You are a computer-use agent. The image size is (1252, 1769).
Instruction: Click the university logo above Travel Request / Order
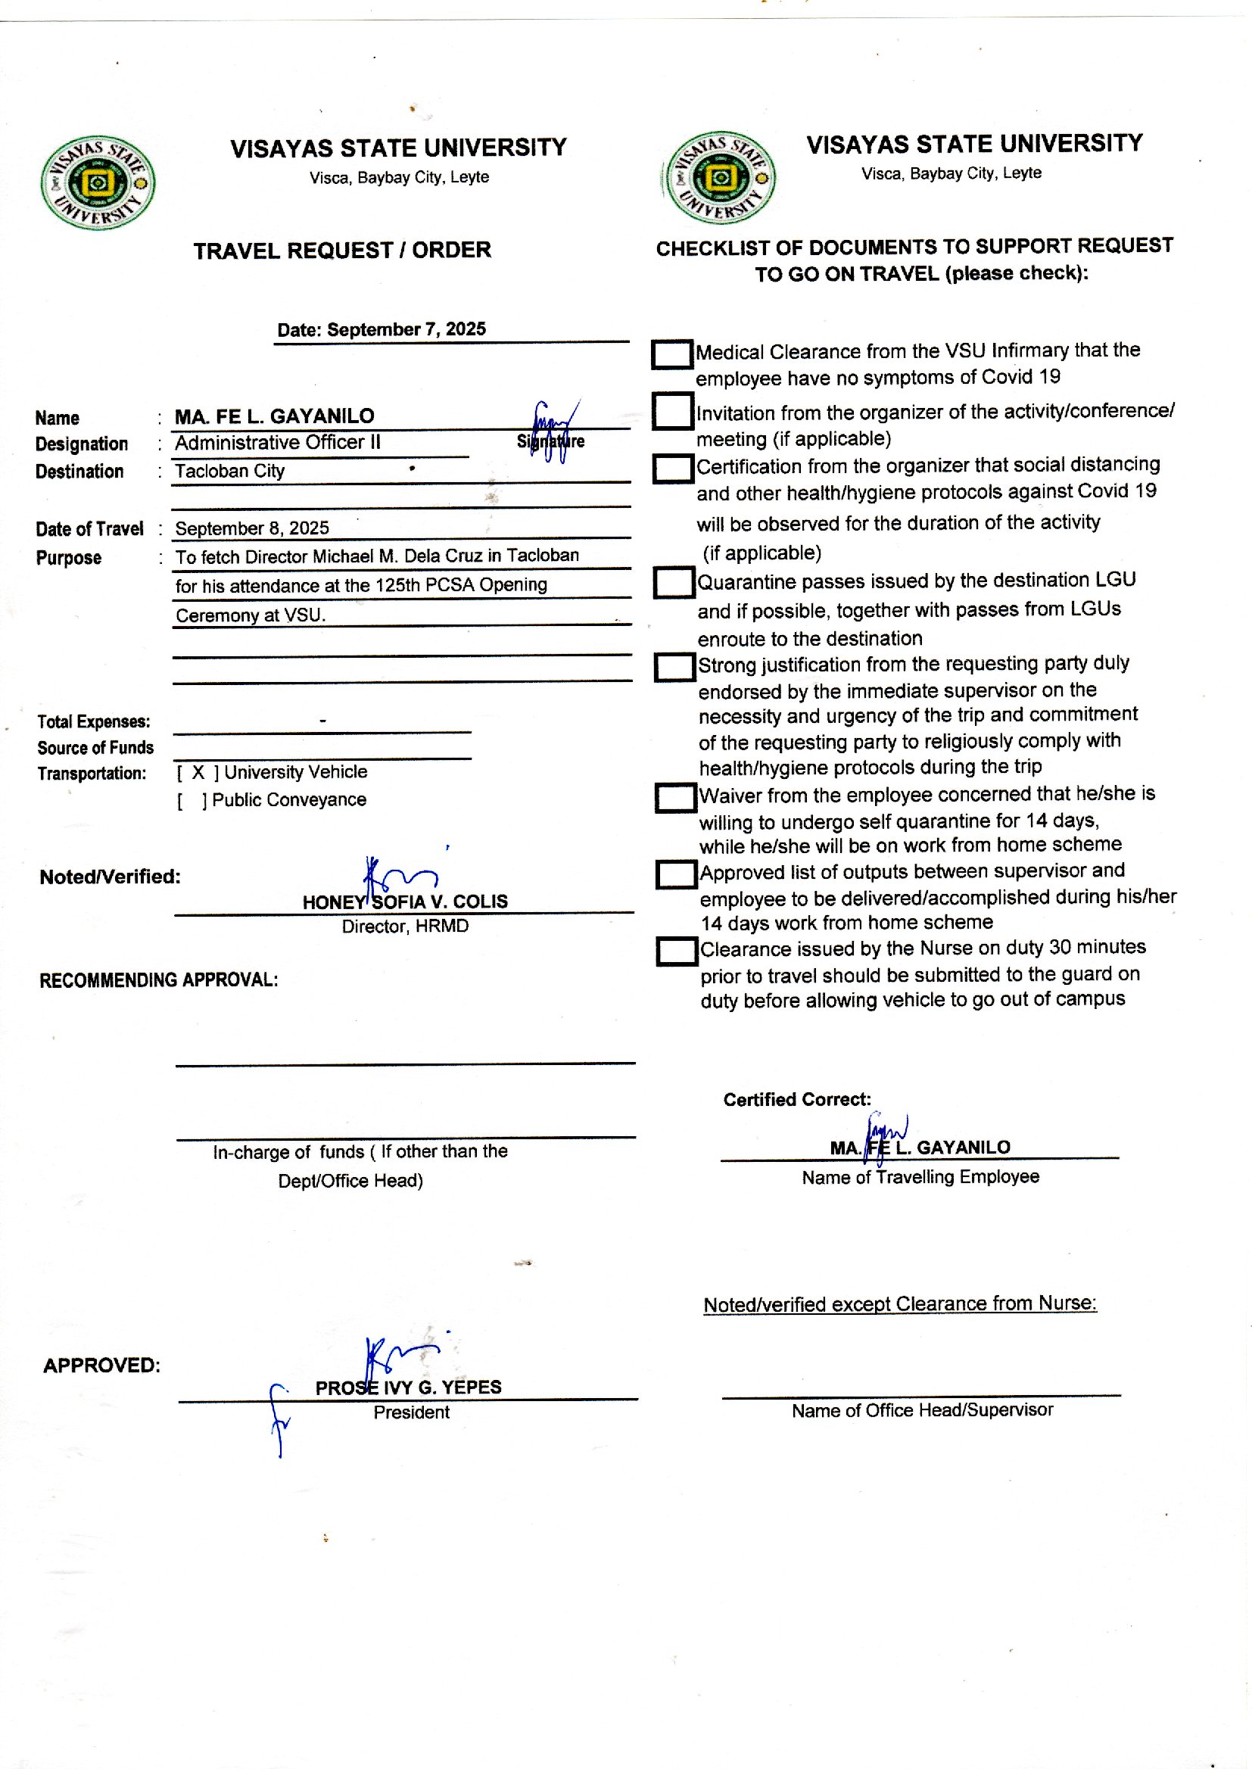point(98,182)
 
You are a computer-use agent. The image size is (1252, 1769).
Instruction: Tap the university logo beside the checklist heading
point(720,178)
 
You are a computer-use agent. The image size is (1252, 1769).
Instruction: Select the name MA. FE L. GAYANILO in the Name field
point(275,416)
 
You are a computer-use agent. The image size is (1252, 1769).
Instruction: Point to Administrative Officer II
point(278,443)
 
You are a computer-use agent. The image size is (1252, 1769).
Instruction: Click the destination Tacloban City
point(230,471)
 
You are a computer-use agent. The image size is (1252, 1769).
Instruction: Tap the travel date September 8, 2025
point(252,528)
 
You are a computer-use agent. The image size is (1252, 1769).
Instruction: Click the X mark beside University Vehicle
point(198,772)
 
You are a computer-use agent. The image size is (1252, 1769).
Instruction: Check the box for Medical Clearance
point(671,354)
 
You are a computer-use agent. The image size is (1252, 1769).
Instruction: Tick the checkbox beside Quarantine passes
point(674,583)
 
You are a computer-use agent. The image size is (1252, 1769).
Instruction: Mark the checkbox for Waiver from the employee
point(674,798)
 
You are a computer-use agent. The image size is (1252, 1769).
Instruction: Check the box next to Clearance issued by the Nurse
point(676,951)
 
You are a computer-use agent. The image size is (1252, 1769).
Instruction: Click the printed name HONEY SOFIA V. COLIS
point(405,902)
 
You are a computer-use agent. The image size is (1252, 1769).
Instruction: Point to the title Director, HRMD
point(405,927)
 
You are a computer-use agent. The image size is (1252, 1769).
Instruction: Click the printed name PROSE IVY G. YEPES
point(408,1387)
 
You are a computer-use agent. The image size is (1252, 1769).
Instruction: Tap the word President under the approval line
point(411,1412)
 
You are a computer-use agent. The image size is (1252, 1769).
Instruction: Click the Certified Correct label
point(796,1100)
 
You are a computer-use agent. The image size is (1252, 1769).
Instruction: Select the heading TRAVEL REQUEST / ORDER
point(341,251)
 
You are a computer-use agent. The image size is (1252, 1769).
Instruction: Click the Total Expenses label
point(93,721)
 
